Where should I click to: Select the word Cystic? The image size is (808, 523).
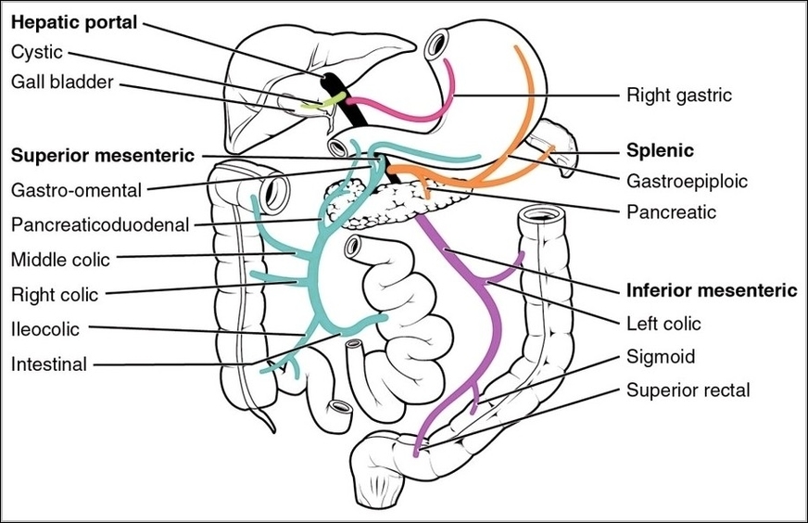click(x=37, y=53)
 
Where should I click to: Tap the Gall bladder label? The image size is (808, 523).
click(x=62, y=83)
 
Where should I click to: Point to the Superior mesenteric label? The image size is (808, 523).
click(x=103, y=154)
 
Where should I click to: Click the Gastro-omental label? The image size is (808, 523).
click(x=76, y=190)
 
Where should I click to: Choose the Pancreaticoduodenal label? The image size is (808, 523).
click(x=100, y=224)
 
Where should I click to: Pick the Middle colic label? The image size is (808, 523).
click(x=61, y=259)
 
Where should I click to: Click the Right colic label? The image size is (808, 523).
click(x=55, y=296)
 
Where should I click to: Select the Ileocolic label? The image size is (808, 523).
click(x=45, y=329)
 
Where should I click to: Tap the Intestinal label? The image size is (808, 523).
click(x=49, y=364)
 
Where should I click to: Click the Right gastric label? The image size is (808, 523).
click(x=679, y=94)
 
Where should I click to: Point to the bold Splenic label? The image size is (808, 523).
click(x=661, y=149)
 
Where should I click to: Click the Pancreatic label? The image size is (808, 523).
click(x=671, y=212)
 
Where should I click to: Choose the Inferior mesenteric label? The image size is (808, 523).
click(x=711, y=290)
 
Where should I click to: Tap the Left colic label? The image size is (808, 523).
click(x=663, y=324)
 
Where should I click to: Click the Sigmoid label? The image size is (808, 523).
click(x=661, y=356)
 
